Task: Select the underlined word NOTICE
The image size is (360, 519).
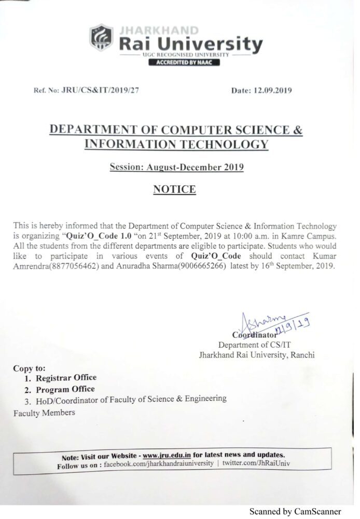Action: tap(174, 190)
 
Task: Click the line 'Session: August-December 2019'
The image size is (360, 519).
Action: tap(177, 167)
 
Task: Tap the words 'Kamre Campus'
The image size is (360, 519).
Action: tap(312, 237)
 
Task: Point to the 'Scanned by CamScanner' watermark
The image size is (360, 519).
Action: tap(302, 511)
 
